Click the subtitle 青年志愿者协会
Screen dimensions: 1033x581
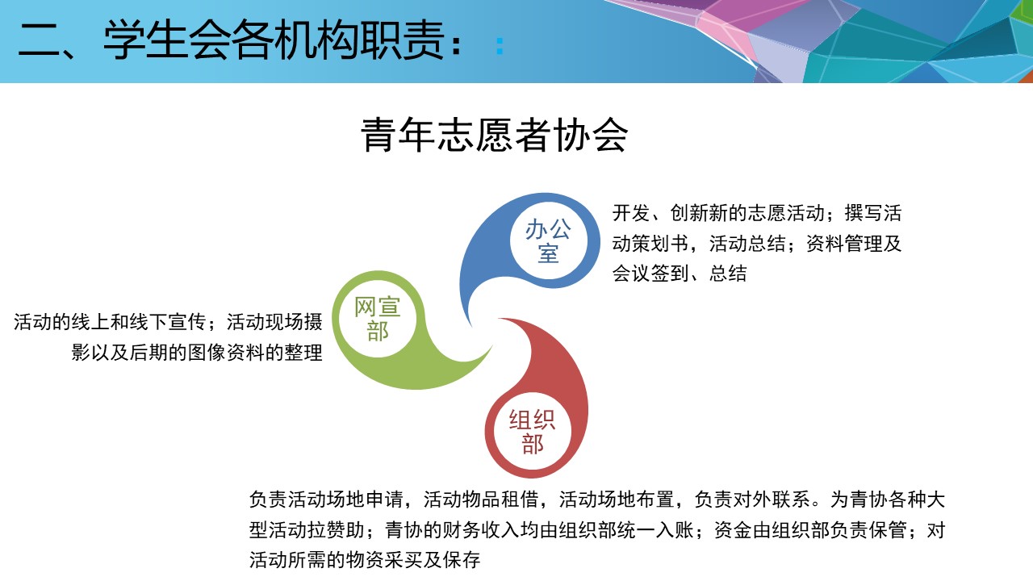point(495,135)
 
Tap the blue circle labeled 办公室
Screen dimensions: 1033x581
point(548,240)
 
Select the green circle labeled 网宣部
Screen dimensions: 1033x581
point(378,319)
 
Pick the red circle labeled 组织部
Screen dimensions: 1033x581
point(532,432)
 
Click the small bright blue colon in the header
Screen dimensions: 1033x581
point(500,46)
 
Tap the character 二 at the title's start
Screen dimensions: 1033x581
point(40,41)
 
